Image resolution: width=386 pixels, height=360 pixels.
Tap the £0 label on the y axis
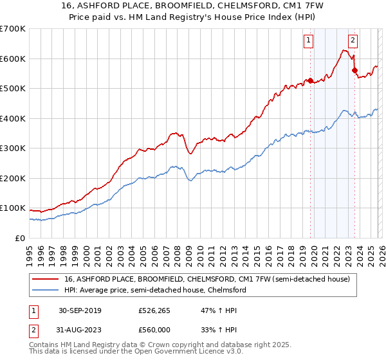tap(19, 238)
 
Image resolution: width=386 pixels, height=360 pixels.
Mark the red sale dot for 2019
tap(310, 80)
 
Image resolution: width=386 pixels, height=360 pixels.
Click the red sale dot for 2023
tap(354, 70)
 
